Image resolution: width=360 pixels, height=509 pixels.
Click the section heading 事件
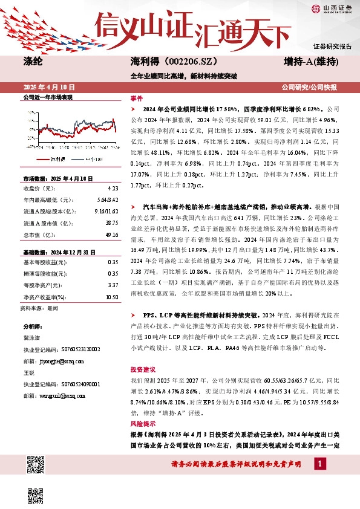tap(137, 98)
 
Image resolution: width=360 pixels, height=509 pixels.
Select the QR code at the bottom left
tap(36, 465)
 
